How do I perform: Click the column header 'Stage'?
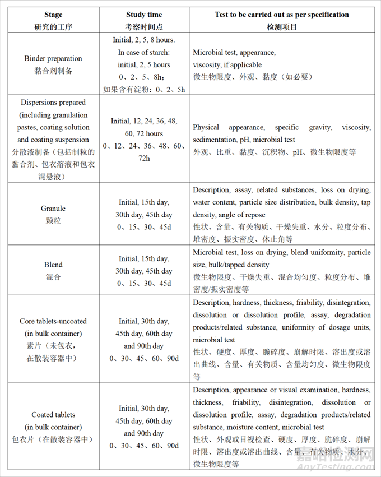point(53,15)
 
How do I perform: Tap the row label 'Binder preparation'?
point(53,58)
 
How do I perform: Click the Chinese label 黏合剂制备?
point(53,71)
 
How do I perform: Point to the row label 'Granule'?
point(53,209)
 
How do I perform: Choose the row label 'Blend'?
point(53,265)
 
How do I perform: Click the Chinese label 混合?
point(53,277)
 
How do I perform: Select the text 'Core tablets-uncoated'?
point(53,321)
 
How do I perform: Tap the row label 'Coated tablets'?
point(53,415)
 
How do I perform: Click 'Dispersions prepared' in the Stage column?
point(53,103)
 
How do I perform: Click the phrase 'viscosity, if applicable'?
point(227,64)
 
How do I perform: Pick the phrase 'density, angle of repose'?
point(229,215)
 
